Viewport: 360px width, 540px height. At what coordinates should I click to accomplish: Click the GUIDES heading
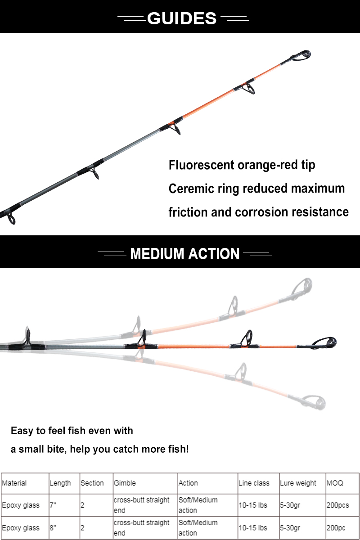point(182,18)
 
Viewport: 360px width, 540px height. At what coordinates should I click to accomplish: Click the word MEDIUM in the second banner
point(157,254)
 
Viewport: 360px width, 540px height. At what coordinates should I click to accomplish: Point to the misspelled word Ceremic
point(191,189)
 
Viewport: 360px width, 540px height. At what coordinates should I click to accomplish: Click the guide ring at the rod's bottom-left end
point(11,218)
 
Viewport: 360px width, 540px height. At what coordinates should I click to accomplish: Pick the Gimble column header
point(125,483)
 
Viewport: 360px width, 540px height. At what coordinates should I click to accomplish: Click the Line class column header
point(254,483)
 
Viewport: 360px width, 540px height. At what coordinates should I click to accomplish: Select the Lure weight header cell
point(298,483)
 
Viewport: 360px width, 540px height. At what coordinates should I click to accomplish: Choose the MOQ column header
point(335,483)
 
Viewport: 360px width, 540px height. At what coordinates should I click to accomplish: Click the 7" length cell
point(53,505)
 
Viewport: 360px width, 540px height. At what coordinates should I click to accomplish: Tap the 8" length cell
point(53,528)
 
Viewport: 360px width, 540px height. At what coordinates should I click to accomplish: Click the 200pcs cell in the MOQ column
point(338,505)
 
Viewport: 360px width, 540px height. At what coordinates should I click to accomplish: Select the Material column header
point(14,483)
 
